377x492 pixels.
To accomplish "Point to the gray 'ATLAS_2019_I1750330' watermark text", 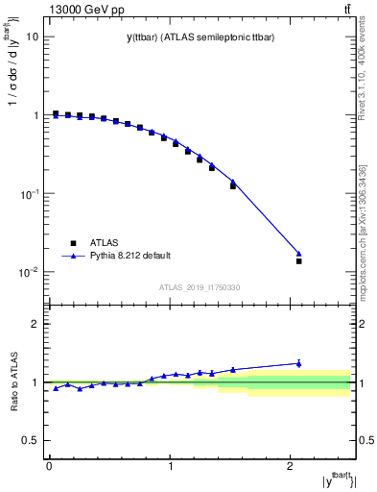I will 200,287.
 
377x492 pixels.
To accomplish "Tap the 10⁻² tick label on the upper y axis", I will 29,272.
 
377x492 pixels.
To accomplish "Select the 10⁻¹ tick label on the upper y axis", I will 29,194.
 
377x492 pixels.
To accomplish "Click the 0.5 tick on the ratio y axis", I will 31,440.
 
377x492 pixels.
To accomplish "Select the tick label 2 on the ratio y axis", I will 36,324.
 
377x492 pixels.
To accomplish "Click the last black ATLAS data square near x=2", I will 298,261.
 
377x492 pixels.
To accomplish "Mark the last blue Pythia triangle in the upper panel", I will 298,253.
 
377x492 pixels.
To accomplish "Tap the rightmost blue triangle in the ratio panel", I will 298,363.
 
